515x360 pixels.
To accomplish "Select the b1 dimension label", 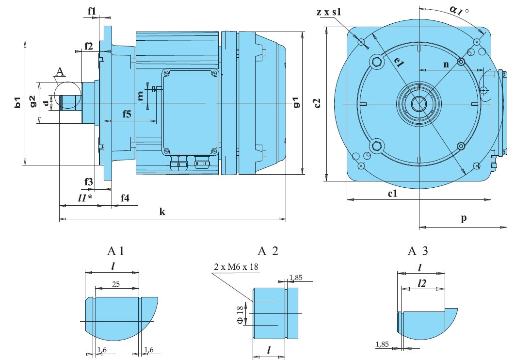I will click(18, 102).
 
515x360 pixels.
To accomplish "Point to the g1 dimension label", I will click(296, 102).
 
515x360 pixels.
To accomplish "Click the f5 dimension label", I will click(126, 114).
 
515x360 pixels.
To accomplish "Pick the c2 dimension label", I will click(317, 103).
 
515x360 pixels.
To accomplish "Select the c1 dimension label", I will click(393, 194).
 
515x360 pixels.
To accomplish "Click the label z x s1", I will click(329, 12).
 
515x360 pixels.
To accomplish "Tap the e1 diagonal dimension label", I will click(399, 62).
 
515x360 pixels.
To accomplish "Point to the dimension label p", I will click(464, 219).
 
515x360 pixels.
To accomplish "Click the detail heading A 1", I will click(116, 251).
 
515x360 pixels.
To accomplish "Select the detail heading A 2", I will click(268, 251).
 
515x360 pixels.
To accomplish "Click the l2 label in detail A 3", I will click(421, 283).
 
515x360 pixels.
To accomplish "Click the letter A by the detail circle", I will click(60, 72).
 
